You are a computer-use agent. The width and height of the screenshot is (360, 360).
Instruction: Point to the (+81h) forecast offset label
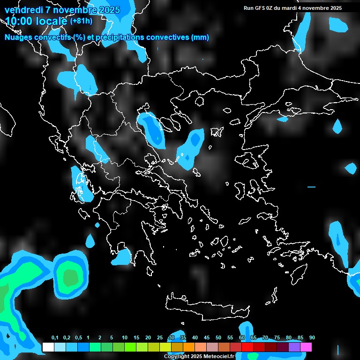tap(81, 21)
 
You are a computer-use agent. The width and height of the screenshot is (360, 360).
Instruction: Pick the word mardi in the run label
tap(289, 8)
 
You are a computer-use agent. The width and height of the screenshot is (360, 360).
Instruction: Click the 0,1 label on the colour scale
tap(55, 338)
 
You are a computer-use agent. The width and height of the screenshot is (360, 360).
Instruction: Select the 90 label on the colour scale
tap(312, 338)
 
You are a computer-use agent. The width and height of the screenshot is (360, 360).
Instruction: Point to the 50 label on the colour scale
tap(218, 338)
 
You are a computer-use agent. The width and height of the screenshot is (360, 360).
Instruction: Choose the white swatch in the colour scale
tap(48, 347)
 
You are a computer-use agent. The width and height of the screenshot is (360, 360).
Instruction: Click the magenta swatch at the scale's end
tap(306, 347)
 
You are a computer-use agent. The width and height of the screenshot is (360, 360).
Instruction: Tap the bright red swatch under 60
tap(247, 347)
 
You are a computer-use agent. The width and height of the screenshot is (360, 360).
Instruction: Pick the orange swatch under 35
tap(189, 347)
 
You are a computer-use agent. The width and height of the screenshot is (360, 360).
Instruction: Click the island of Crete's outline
tap(202, 307)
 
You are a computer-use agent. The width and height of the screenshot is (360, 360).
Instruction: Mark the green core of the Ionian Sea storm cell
tap(70, 277)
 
